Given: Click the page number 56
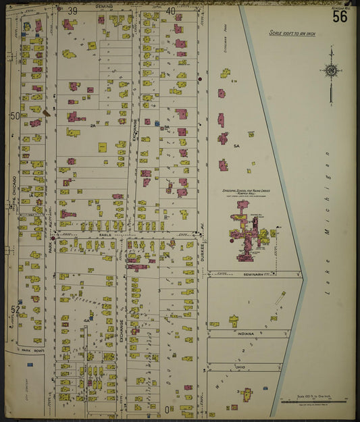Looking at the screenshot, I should tap(339, 16).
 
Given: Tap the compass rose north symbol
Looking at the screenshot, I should tap(331, 70).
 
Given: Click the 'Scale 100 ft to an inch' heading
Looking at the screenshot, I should tap(292, 32).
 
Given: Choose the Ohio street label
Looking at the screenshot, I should tap(240, 367).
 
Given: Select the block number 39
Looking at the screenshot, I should tap(72, 11).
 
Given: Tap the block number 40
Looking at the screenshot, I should tap(170, 11).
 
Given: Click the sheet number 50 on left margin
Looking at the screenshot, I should tap(14, 116).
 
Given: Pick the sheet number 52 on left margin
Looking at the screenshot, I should tap(14, 309).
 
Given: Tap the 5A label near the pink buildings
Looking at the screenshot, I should tap(236, 146).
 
